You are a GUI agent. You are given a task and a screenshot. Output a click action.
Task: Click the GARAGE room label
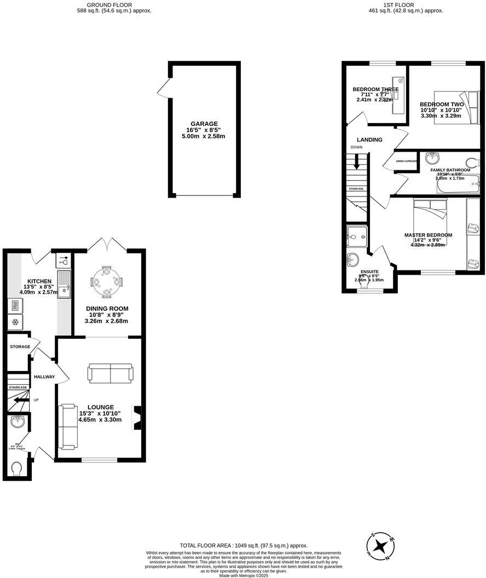click(204, 124)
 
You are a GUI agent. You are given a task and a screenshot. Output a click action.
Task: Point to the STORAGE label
click(20, 347)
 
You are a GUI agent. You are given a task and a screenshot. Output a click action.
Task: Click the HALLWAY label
click(44, 377)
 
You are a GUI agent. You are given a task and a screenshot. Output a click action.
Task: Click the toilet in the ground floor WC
click(16, 470)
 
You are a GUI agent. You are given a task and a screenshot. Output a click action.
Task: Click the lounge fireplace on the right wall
click(137, 414)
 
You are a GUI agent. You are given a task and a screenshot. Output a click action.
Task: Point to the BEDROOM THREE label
click(375, 89)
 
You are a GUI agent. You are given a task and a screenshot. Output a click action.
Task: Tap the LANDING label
click(369, 140)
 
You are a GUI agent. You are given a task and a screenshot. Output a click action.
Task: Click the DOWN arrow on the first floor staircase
click(356, 161)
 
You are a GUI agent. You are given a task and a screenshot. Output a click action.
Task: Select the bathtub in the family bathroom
click(458, 185)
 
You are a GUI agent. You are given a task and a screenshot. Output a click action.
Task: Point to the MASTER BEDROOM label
click(428, 235)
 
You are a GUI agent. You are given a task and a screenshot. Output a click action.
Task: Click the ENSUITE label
click(369, 271)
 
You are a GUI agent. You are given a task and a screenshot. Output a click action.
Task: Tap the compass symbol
click(380, 545)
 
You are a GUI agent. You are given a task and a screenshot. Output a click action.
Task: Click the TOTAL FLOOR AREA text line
click(244, 546)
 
